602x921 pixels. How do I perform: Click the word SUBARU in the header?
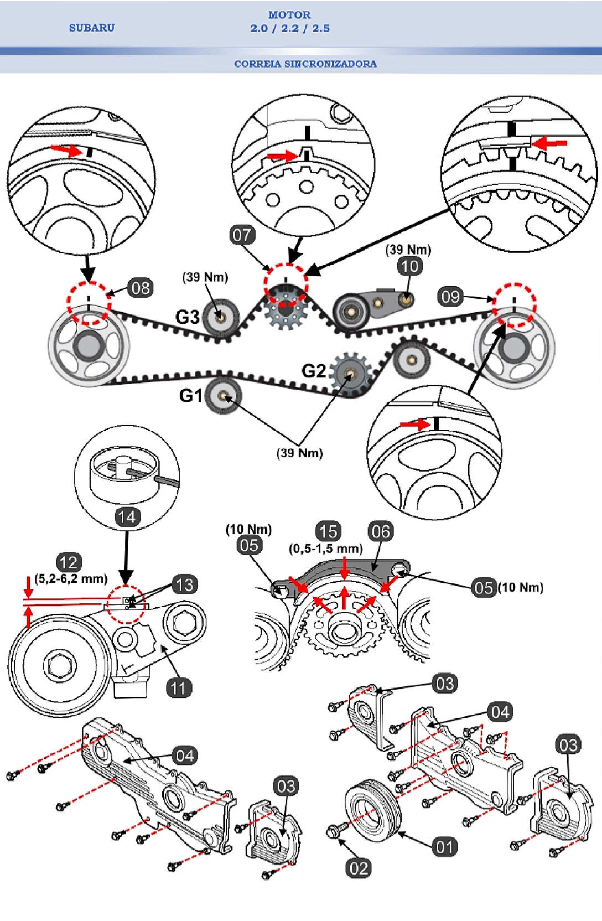click(x=92, y=28)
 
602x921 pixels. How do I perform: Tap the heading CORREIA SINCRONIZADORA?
click(x=305, y=64)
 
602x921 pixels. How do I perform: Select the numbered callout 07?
click(x=242, y=235)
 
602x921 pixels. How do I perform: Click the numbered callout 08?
click(x=141, y=288)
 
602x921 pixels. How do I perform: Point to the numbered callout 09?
click(x=450, y=296)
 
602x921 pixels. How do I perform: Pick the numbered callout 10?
click(x=409, y=266)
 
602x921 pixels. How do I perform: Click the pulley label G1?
click(x=191, y=395)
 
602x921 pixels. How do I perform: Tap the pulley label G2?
click(x=314, y=370)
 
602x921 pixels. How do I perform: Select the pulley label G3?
click(x=187, y=317)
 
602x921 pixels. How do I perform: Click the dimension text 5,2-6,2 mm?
click(x=71, y=579)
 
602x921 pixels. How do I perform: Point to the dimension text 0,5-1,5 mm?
click(x=326, y=549)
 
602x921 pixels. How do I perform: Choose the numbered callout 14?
click(x=127, y=517)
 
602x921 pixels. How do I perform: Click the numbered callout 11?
click(x=178, y=688)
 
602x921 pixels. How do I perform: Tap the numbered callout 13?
click(x=184, y=584)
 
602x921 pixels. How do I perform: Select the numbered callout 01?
click(x=444, y=847)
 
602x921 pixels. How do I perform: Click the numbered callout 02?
click(x=359, y=868)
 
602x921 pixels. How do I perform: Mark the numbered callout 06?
click(x=381, y=531)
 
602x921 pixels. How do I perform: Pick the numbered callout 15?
click(x=328, y=531)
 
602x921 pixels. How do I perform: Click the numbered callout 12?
click(x=69, y=562)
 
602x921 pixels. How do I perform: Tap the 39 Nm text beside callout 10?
click(x=408, y=250)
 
